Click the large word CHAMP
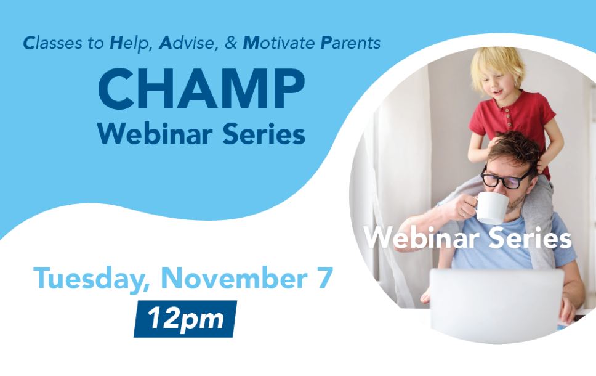(201, 89)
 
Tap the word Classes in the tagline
(52, 43)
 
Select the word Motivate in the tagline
(279, 43)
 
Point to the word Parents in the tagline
(350, 43)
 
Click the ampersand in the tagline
(231, 43)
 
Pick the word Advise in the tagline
(189, 43)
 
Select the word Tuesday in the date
(92, 279)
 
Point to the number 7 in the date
(325, 277)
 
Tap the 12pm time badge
(185, 319)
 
